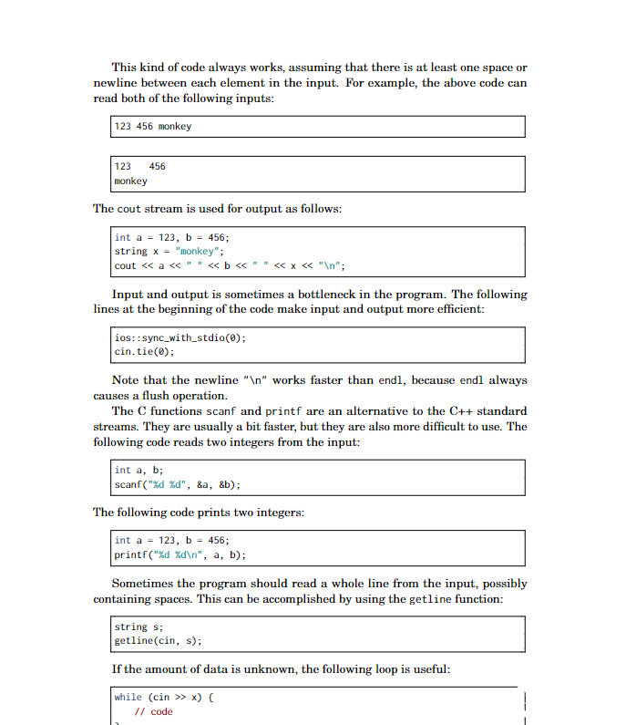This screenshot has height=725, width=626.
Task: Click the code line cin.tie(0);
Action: pyautogui.click(x=144, y=351)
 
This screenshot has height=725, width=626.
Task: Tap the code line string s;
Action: pyautogui.click(x=134, y=627)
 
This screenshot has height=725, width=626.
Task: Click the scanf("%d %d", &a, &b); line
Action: pyautogui.click(x=177, y=485)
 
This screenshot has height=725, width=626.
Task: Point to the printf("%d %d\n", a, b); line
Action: pyautogui.click(x=180, y=554)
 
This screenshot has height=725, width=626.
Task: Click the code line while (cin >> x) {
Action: pyautogui.click(x=163, y=697)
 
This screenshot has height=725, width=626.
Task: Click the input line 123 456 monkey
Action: pyautogui.click(x=152, y=126)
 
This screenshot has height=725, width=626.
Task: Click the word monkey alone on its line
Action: pyautogui.click(x=130, y=181)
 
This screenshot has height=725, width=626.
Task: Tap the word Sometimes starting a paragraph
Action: pyautogui.click(x=144, y=584)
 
